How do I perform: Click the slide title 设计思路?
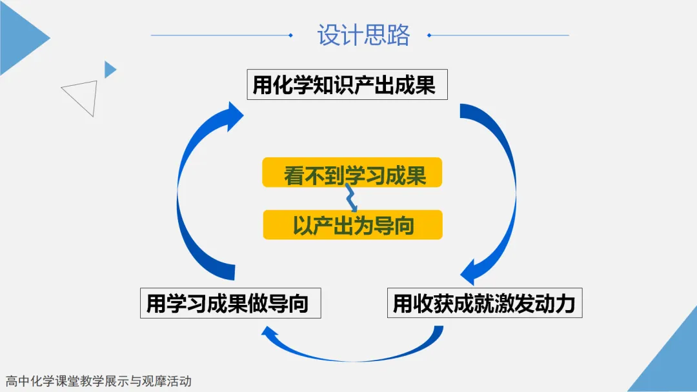pos(363,35)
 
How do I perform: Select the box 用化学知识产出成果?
pos(347,84)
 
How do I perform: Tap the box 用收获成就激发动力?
pos(485,303)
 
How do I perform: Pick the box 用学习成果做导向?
pos(230,303)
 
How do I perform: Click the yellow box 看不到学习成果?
pos(352,172)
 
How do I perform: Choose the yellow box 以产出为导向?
pos(352,224)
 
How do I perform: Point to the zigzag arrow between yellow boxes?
pos(351,199)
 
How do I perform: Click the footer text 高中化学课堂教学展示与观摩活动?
pos(99,381)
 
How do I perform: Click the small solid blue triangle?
pos(109,70)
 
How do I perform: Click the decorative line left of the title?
pos(222,35)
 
